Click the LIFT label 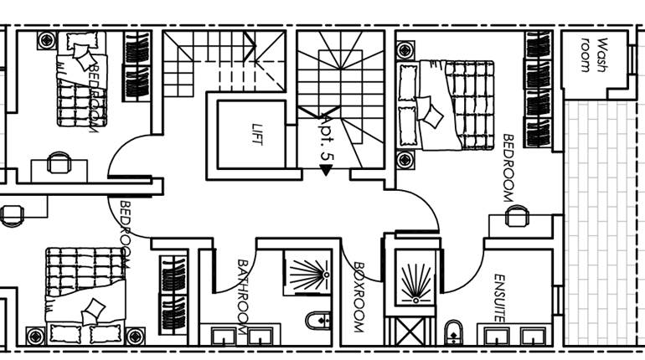pyautogui.click(x=257, y=135)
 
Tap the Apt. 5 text pyautogui.click(x=326, y=144)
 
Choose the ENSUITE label pyautogui.click(x=499, y=298)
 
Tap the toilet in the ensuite pyautogui.click(x=453, y=331)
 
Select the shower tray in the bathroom pyautogui.click(x=305, y=273)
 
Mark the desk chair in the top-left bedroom pyautogui.click(x=59, y=162)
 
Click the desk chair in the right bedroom pyautogui.click(x=517, y=218)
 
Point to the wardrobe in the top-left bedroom pyautogui.click(x=137, y=67)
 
